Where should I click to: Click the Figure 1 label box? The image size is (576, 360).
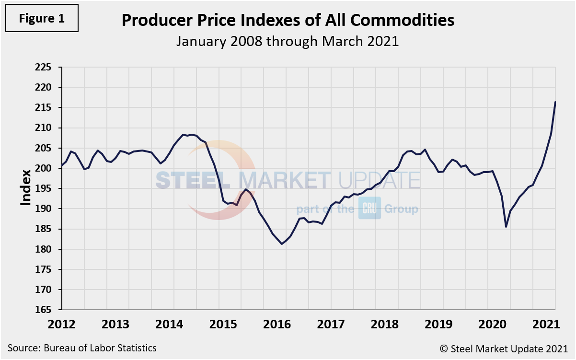point(41,19)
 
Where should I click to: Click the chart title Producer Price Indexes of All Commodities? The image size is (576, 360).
point(288,20)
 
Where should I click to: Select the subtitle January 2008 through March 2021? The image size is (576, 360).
point(288,41)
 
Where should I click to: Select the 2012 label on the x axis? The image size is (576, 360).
point(62,324)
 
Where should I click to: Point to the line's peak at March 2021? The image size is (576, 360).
point(555,102)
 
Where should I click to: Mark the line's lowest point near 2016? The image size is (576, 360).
point(282,244)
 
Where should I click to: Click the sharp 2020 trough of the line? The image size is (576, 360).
point(506,227)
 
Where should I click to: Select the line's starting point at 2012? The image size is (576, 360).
point(62,166)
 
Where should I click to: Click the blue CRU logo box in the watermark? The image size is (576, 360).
point(369,209)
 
